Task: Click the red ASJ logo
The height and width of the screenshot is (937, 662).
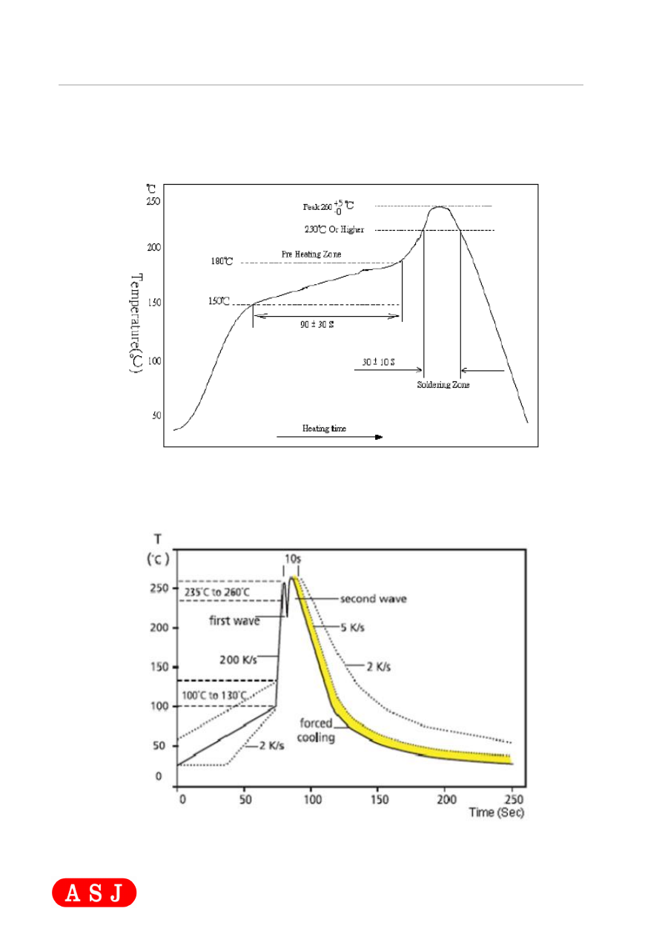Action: [94, 892]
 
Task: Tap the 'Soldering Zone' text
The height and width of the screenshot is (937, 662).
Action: [443, 385]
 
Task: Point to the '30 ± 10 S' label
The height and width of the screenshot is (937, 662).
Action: [378, 361]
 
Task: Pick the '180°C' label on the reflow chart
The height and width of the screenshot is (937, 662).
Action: [222, 261]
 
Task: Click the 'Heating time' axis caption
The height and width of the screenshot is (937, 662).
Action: [324, 428]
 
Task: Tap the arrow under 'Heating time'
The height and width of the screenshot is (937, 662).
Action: [329, 438]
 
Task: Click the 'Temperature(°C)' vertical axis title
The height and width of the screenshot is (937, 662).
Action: [137, 325]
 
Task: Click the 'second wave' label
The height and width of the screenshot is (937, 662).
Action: [373, 598]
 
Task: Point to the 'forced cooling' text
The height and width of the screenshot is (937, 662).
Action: [317, 729]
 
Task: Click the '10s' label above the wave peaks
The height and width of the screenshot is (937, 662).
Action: [291, 557]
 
